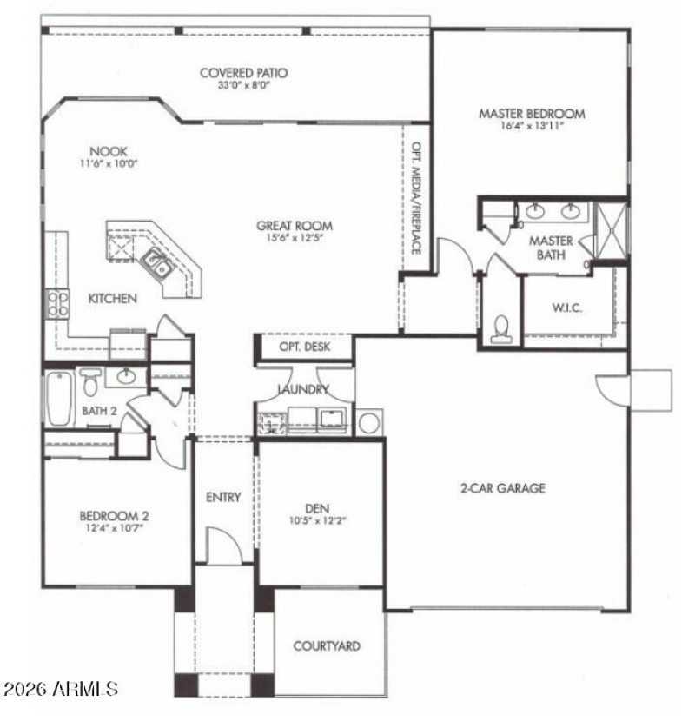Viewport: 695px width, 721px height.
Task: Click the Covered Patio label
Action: click(243, 73)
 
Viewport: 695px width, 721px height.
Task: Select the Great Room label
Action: click(295, 226)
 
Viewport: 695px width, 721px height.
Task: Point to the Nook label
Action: click(108, 151)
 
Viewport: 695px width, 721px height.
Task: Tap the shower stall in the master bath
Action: click(611, 230)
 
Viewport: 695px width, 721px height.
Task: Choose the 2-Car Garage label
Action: click(502, 488)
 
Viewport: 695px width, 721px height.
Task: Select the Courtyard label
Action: click(327, 646)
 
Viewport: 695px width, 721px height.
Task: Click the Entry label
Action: click(223, 498)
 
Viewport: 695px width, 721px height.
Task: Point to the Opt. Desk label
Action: click(303, 347)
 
